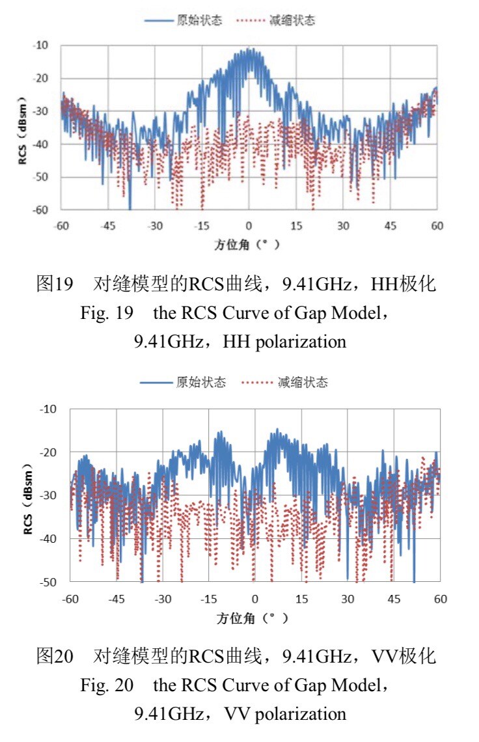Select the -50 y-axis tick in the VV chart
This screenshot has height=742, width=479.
49,581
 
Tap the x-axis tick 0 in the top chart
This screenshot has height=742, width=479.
249,225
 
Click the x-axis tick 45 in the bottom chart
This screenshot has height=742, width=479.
394,598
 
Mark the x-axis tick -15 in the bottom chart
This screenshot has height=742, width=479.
208,598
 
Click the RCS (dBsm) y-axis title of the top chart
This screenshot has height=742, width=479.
22,128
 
